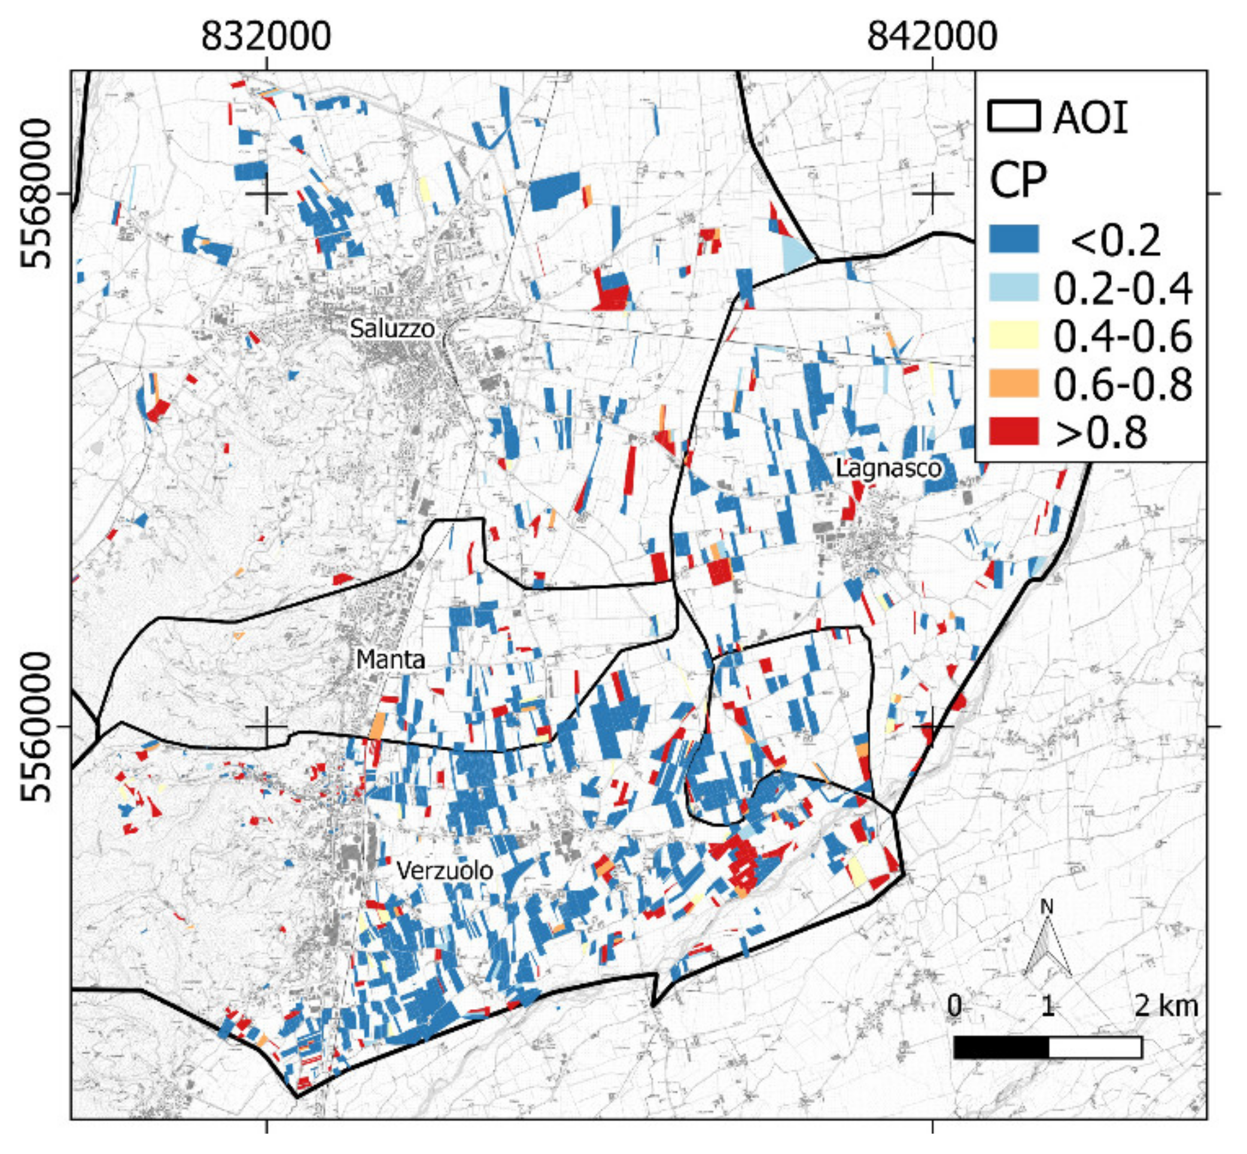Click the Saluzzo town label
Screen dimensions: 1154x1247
click(x=391, y=328)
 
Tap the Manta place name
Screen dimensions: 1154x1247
click(x=390, y=660)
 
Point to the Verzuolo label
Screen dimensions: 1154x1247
click(x=445, y=870)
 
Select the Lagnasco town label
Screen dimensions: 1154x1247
click(x=887, y=468)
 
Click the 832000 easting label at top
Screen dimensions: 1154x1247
click(x=266, y=37)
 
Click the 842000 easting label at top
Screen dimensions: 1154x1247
click(x=932, y=37)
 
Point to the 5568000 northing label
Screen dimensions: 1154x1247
click(x=35, y=193)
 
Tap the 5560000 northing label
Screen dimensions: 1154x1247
click(x=35, y=727)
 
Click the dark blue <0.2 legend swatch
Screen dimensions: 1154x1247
click(x=1014, y=239)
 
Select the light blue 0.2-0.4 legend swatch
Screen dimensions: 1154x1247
click(x=1014, y=287)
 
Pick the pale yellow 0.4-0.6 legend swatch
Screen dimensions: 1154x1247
click(x=1014, y=335)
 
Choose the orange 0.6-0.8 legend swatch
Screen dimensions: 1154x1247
click(x=1014, y=384)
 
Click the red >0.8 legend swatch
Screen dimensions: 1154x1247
click(x=1014, y=432)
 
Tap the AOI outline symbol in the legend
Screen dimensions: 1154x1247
click(x=1014, y=117)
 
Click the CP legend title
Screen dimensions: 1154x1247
click(x=1017, y=181)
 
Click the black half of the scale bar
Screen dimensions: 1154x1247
click(x=1001, y=1048)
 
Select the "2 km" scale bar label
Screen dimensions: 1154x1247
click(x=1166, y=1006)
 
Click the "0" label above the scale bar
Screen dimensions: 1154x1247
click(x=954, y=1006)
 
